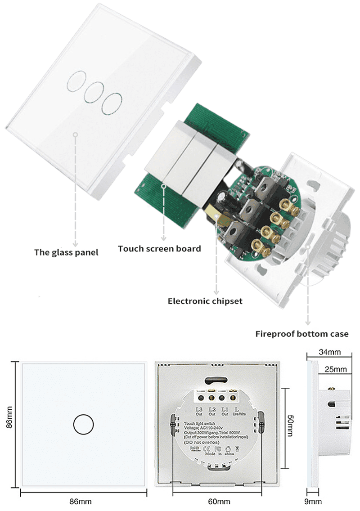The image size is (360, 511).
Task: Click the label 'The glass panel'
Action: [x=66, y=252]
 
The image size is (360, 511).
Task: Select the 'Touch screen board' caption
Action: [x=159, y=248]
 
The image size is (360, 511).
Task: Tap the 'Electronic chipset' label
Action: [x=205, y=301]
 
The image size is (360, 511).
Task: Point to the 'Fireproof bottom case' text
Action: [x=302, y=334]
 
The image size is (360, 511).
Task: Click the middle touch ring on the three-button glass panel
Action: [x=93, y=92]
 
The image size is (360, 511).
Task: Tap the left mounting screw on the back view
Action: [x=173, y=425]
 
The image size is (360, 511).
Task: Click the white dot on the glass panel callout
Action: [x=76, y=134]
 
